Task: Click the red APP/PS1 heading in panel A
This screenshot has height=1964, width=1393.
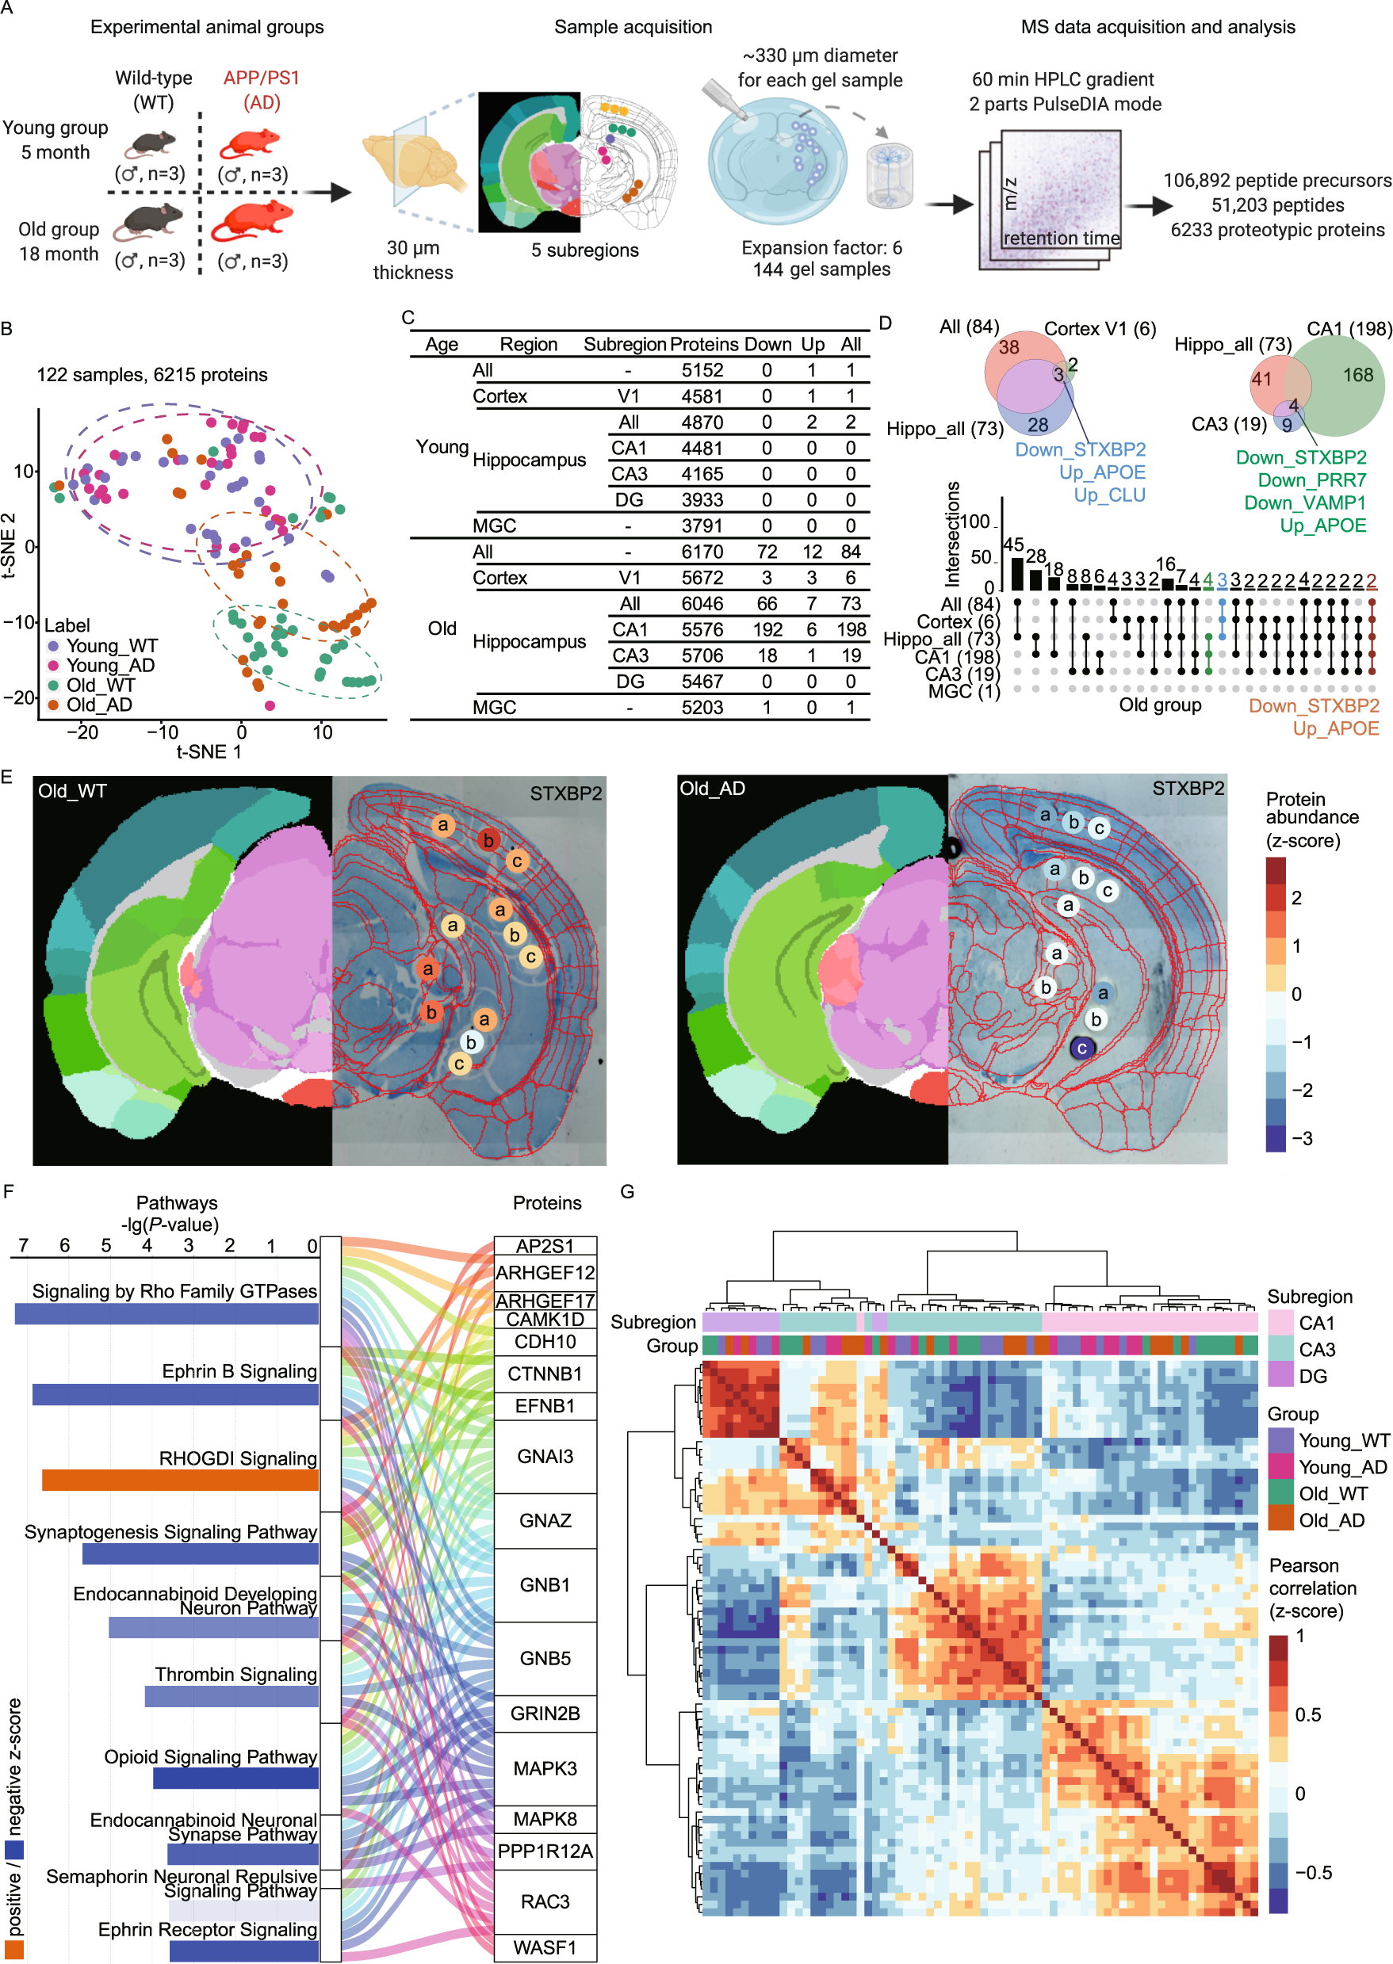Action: pos(262,78)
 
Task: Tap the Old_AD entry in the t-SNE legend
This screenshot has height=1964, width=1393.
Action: pos(98,705)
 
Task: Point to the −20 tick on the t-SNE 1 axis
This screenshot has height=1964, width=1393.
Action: pos(82,732)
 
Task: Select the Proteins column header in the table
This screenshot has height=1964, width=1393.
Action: pos(703,345)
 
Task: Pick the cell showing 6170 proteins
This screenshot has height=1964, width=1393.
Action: pos(702,552)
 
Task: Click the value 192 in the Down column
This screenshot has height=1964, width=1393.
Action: pos(767,630)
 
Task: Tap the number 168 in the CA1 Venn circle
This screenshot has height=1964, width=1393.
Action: pos(1358,375)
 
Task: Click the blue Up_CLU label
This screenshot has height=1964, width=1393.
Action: pos(1109,495)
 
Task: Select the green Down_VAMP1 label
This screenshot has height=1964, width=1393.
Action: pos(1305,502)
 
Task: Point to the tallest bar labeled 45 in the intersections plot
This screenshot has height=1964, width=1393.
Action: pos(1016,574)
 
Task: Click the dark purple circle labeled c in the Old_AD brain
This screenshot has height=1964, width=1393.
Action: pos(1081,1048)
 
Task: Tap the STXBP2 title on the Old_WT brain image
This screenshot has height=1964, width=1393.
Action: pos(565,794)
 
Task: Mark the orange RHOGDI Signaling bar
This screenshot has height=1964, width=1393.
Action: pos(180,1480)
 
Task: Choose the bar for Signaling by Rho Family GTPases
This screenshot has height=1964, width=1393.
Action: pos(166,1313)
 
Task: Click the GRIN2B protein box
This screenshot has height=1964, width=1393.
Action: pos(545,1713)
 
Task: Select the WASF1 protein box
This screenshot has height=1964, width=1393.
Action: pos(545,1947)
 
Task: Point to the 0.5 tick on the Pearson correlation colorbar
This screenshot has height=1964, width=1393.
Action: pos(1307,1714)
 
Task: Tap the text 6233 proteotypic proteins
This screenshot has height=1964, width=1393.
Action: pos(1277,230)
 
